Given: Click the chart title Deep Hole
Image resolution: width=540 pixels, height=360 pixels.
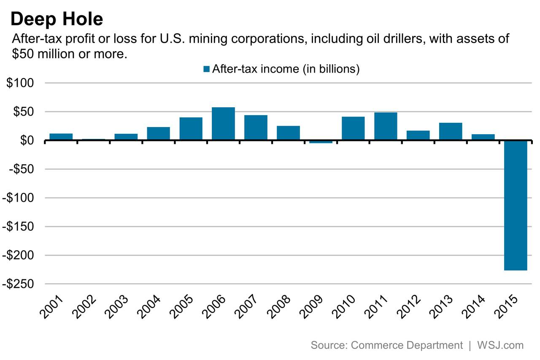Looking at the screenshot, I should pos(57,19).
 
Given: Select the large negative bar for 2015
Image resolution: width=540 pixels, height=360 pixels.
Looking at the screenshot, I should pos(516,205).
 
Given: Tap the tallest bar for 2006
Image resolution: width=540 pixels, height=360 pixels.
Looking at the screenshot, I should pos(223,124).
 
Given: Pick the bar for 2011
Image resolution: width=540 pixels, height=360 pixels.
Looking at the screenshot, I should pos(386,126).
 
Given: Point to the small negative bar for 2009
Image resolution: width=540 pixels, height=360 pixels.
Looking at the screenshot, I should pos(321,142).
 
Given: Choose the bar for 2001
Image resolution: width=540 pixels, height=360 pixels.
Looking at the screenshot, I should pos(61,137).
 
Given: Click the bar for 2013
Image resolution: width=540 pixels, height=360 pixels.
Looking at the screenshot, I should pos(451,131).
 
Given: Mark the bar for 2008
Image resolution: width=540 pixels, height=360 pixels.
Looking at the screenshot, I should pos(288,133).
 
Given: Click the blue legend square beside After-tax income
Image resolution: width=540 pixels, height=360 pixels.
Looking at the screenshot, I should pos(206,69).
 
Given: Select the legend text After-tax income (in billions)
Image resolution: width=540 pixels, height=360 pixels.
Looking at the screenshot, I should pos(286,69).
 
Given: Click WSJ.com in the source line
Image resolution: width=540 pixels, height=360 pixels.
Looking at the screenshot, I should pos(500,345).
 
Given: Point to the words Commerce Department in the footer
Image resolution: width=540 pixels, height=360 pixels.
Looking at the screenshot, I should pos(407,345).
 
